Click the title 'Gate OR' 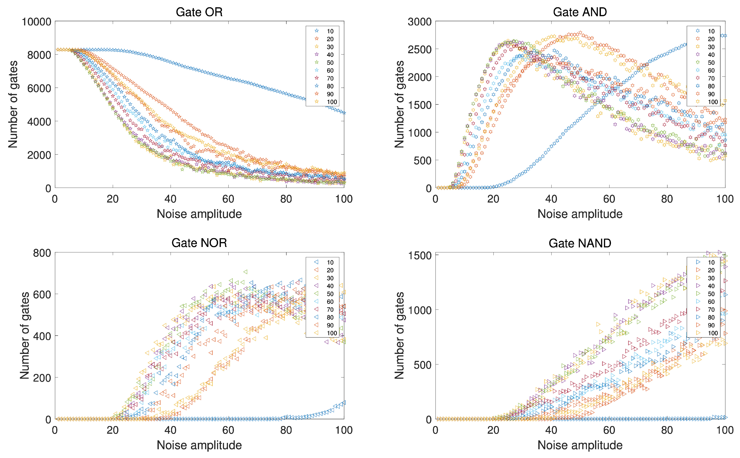tap(199, 12)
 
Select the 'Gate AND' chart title tap(580, 12)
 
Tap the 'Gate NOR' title tap(199, 243)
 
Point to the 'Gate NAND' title tap(580, 243)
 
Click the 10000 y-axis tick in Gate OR tap(36, 22)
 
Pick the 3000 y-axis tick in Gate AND tap(420, 22)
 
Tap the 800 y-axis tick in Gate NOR tap(42, 253)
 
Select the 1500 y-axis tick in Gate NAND tap(420, 255)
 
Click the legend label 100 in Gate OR tap(332, 102)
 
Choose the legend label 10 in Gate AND tap(711, 31)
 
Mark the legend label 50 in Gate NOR tap(330, 294)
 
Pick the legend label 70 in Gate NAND tap(711, 310)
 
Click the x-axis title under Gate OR tap(199, 214)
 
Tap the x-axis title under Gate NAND tap(580, 445)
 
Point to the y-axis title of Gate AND tap(399, 104)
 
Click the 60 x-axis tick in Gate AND tap(609, 199)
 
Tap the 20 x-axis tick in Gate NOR tap(113, 430)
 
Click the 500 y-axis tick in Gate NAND tap(423, 365)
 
